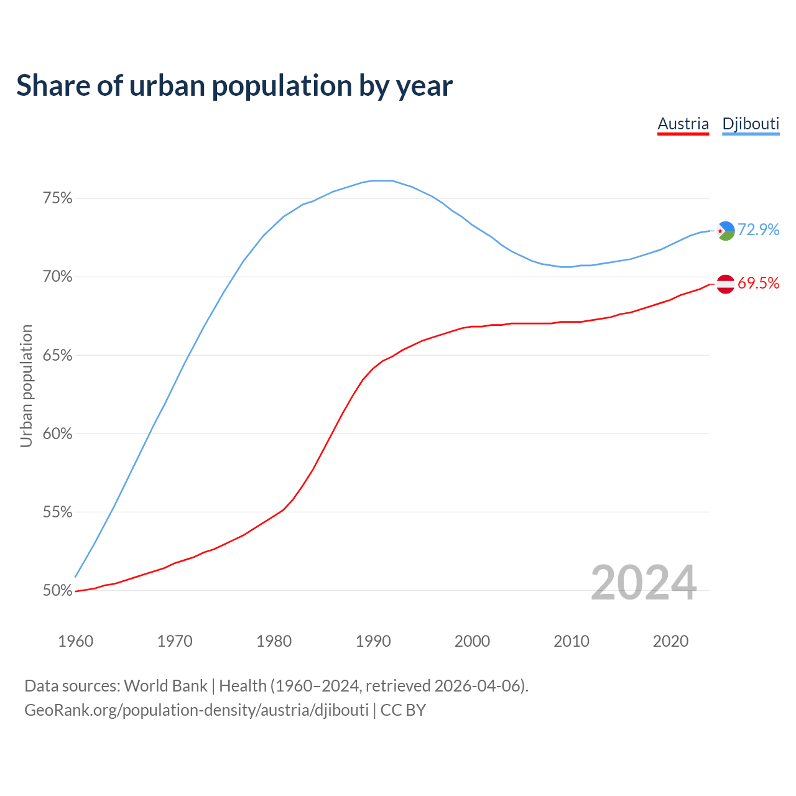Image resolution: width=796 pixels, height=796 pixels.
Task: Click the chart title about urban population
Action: coord(234,86)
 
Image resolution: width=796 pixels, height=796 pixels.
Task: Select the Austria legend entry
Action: coord(683,124)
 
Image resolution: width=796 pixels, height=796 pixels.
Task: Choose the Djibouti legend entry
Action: coord(751,124)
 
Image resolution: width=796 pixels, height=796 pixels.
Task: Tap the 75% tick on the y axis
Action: coord(57,198)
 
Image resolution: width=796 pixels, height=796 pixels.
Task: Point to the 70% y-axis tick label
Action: coord(57,277)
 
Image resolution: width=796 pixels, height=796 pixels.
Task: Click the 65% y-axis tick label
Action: coord(57,356)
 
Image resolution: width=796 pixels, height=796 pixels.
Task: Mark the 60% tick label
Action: coord(57,434)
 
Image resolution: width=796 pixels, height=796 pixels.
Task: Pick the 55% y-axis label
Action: coord(57,512)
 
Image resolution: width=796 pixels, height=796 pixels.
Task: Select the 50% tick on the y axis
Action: coord(57,591)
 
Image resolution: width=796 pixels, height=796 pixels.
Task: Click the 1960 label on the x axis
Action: coord(75,641)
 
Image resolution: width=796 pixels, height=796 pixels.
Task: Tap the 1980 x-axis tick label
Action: coord(274,641)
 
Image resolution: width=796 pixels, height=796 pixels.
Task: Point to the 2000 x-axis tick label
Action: coord(472,641)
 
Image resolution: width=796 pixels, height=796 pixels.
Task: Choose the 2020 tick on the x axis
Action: coord(670,641)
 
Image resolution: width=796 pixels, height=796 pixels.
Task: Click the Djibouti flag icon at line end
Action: coord(726,231)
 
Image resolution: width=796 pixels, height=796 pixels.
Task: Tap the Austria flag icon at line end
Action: coord(726,284)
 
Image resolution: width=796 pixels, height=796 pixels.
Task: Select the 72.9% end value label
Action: coord(758,230)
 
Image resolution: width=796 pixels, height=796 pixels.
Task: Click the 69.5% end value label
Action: coord(758,284)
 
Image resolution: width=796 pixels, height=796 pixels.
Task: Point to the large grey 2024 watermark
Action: coord(644,583)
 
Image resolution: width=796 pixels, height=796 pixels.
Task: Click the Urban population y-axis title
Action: coord(26,386)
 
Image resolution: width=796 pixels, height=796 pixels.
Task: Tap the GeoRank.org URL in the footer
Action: coord(197,710)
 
